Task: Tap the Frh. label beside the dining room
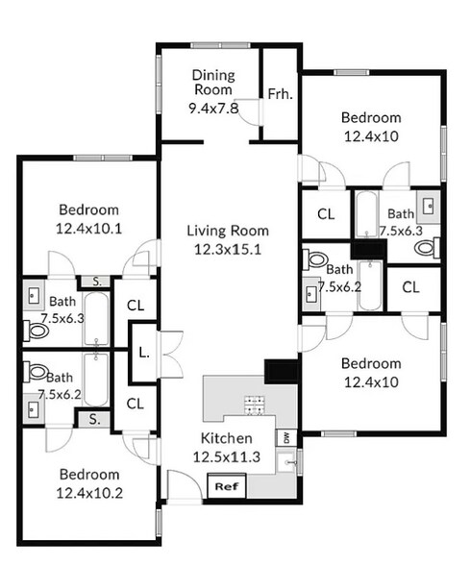tap(281, 94)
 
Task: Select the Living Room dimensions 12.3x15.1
tap(227, 249)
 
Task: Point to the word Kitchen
tap(226, 438)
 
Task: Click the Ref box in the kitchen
tap(225, 486)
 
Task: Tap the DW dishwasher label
tap(286, 438)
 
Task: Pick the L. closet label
tap(143, 353)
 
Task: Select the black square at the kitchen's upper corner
tap(280, 370)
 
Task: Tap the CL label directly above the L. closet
tap(136, 306)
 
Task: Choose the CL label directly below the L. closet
tap(136, 404)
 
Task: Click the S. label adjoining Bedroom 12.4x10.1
tap(96, 282)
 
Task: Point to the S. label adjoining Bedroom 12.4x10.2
tap(94, 418)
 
